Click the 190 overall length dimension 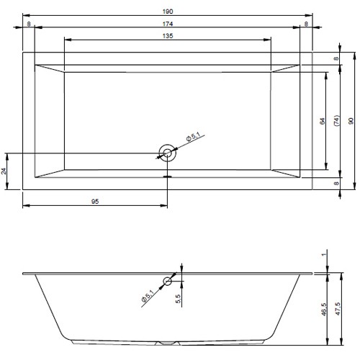[168, 12]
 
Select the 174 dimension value [168, 24]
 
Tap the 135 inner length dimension [168, 36]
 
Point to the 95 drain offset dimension [95, 202]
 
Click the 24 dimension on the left [4, 171]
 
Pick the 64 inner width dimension [323, 121]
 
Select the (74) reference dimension [336, 121]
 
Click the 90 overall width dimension [351, 121]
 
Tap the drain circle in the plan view [167, 153]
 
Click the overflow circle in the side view [167, 281]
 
